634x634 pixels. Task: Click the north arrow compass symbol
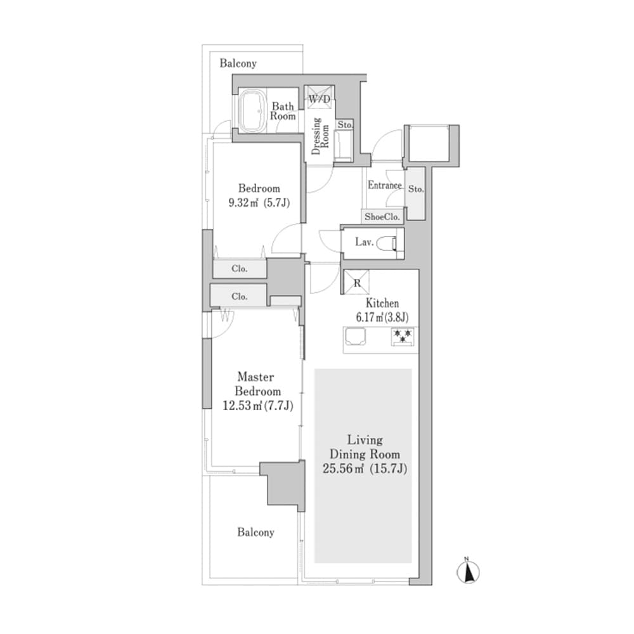point(468,571)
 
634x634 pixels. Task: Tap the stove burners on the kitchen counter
point(402,336)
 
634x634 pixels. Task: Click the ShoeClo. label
point(382,216)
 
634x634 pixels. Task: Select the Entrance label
point(385,186)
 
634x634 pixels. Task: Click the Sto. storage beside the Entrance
point(415,190)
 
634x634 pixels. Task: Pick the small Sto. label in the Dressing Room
point(344,126)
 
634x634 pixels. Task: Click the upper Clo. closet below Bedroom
point(239,269)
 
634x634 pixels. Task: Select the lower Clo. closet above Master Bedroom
point(239,296)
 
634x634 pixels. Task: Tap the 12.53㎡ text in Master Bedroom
point(240,406)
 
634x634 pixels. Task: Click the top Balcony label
point(238,63)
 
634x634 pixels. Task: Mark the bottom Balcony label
point(256,533)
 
